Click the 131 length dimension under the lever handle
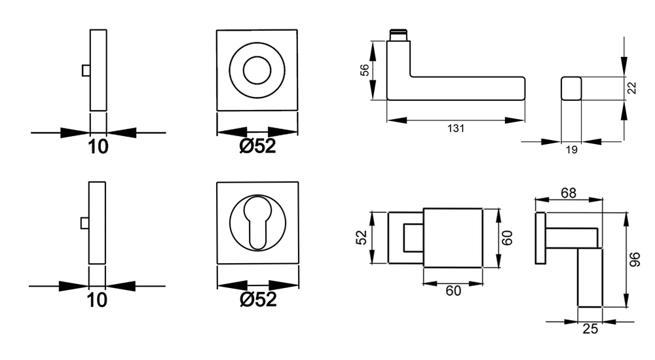(x=456, y=128)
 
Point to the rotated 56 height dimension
(x=365, y=70)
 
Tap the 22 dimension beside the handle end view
(x=632, y=88)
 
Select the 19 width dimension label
(x=571, y=149)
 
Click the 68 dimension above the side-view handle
(x=569, y=193)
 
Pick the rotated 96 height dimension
(x=635, y=260)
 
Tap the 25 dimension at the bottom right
(x=590, y=329)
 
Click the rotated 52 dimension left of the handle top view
(x=362, y=238)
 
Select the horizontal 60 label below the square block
(x=453, y=291)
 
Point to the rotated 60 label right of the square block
(x=507, y=238)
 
